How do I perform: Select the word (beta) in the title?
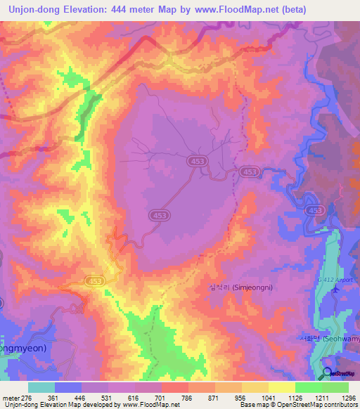pos(292,9)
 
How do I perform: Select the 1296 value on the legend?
pos(349,398)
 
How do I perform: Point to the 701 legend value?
pos(162,398)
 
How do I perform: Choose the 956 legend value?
pos(242,398)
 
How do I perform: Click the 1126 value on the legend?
pos(295,398)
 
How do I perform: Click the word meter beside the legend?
pos(10,398)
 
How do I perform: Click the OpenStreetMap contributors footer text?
pos(319,405)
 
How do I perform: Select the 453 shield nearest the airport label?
pos(315,210)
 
